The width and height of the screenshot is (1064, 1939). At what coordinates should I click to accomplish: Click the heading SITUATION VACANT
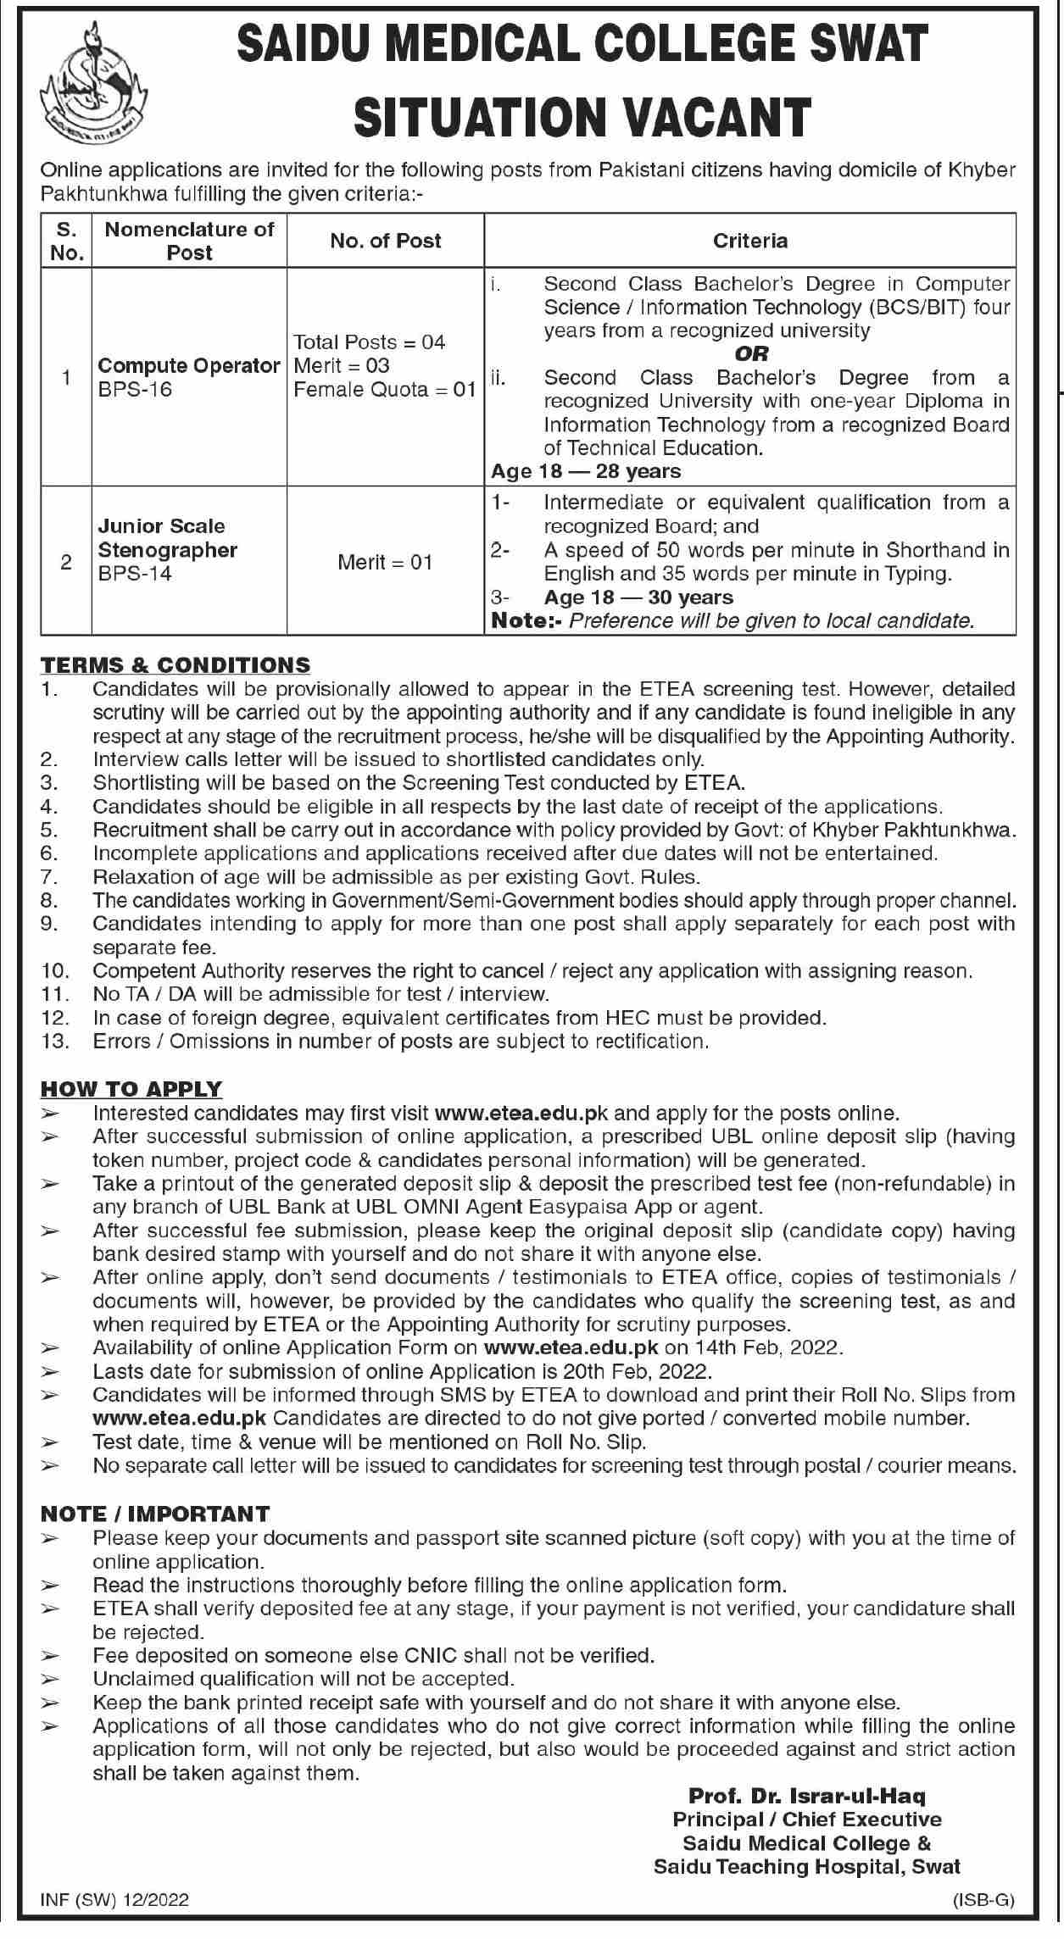click(582, 117)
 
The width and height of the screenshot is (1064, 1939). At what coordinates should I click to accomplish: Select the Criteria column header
click(750, 242)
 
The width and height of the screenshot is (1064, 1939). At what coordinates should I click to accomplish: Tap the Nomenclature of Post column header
click(189, 241)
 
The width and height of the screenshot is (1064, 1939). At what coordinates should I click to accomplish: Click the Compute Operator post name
click(188, 366)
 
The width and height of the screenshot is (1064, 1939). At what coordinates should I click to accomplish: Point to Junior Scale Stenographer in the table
click(167, 538)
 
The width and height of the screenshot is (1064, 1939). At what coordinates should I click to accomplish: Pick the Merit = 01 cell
click(385, 562)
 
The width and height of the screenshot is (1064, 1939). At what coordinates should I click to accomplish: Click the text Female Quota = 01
click(384, 390)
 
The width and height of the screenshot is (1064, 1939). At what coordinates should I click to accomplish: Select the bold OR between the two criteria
click(751, 353)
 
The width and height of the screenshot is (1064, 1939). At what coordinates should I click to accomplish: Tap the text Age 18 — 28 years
click(586, 471)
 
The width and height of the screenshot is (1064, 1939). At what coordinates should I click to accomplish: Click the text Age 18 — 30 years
click(638, 597)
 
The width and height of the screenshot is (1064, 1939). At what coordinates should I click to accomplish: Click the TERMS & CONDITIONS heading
click(175, 665)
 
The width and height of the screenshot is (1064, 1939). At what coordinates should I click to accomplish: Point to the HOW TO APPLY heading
click(131, 1089)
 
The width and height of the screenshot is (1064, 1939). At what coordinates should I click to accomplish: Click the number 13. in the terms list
click(54, 1042)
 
